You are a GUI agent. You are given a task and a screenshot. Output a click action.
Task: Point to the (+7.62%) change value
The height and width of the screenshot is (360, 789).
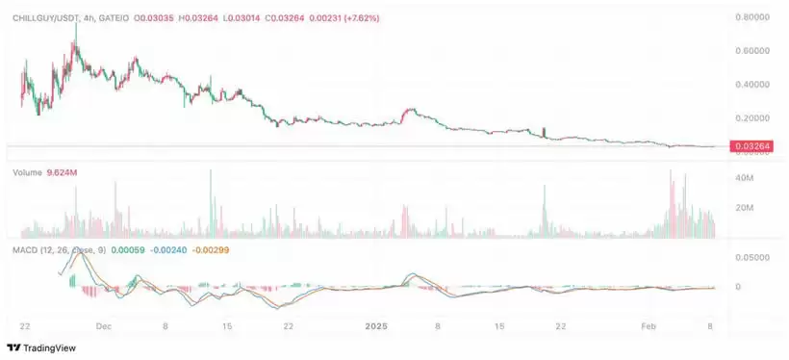(358, 17)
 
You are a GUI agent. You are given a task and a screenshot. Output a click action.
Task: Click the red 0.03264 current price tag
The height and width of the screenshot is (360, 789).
(751, 146)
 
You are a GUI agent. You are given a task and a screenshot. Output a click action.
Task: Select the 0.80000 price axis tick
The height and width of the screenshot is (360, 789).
(751, 16)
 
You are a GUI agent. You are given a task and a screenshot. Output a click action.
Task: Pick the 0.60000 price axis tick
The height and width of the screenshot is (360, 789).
(751, 50)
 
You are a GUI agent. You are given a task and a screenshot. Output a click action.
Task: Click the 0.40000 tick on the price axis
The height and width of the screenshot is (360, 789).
(751, 84)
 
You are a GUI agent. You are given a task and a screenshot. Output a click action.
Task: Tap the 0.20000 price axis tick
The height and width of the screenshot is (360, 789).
(751, 117)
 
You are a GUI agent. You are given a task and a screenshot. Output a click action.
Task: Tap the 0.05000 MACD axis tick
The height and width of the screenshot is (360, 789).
(751, 257)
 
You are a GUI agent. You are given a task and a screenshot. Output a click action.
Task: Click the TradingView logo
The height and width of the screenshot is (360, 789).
(44, 347)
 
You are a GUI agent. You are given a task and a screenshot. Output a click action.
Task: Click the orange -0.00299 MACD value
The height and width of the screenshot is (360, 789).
(214, 249)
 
